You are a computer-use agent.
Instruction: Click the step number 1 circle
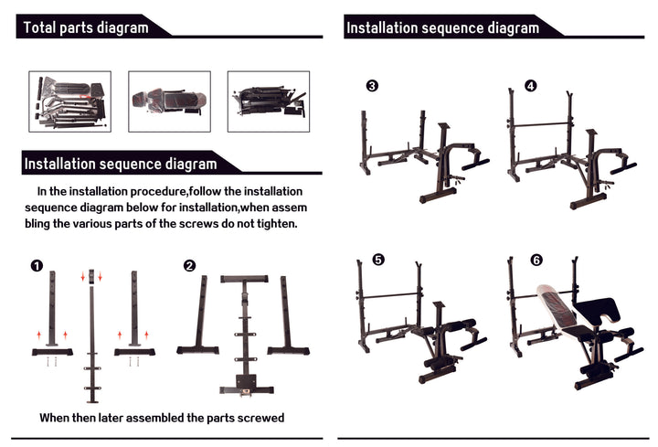(37, 266)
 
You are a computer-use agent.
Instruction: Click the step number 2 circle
(189, 266)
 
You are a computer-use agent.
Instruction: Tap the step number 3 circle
(372, 86)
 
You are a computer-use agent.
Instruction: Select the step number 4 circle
(530, 86)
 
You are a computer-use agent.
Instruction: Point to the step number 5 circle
(378, 260)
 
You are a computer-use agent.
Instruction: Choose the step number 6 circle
(536, 260)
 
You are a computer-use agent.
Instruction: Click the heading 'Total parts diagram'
(86, 27)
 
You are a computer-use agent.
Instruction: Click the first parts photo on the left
(70, 101)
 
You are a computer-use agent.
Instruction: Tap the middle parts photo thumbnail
(169, 101)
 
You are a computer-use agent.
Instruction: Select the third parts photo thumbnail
(268, 101)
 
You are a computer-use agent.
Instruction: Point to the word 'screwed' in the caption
(259, 418)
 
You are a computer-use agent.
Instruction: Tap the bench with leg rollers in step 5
(439, 338)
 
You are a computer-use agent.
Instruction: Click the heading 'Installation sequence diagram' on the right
(442, 27)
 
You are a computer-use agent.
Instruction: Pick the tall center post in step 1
(91, 338)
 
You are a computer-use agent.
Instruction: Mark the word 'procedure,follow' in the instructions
(133, 192)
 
